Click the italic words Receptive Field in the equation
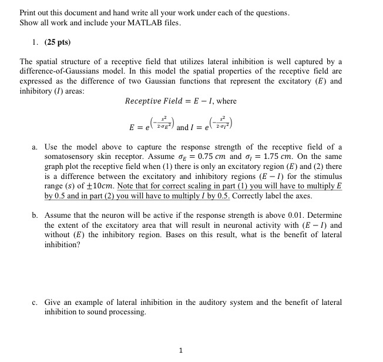point(151,101)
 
